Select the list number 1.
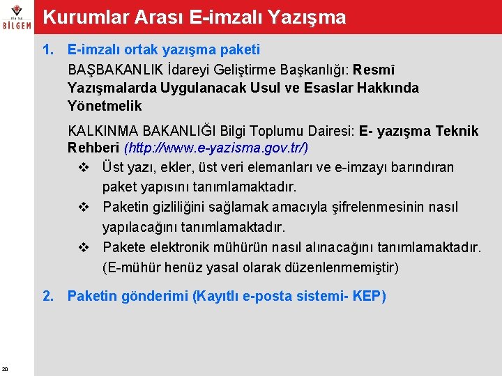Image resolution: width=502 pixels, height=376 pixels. (47, 50)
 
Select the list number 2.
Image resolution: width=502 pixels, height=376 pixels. (47, 297)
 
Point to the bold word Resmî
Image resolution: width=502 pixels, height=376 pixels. (376, 70)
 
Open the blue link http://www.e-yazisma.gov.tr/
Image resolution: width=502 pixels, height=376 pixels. (216, 148)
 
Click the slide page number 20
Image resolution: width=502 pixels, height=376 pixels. (5, 369)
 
